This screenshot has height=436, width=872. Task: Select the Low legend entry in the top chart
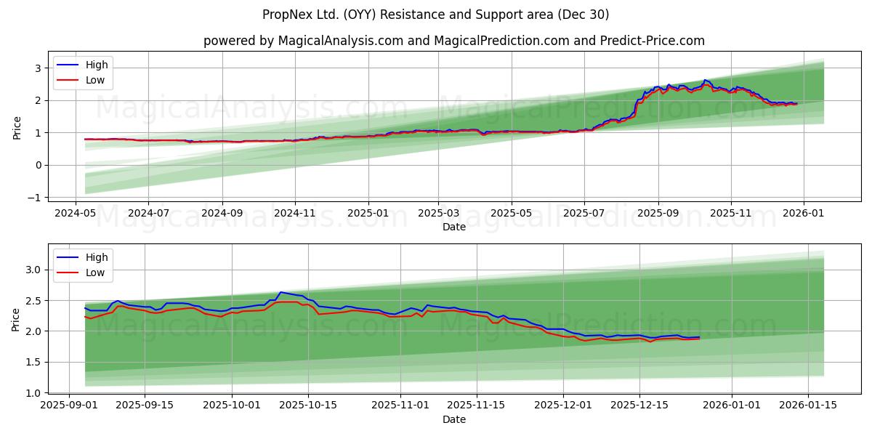point(94,80)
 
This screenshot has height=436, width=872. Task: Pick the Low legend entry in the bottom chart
point(94,272)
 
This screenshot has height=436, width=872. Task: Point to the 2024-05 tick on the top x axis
point(76,214)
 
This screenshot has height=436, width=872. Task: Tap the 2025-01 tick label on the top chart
point(368,214)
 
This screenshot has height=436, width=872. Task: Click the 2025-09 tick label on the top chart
point(658,214)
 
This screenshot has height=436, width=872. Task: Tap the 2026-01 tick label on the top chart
point(804,214)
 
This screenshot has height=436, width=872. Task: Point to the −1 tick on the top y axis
point(34,198)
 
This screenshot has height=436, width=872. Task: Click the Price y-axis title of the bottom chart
point(16,320)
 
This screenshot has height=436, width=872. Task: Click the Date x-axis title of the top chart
point(453,227)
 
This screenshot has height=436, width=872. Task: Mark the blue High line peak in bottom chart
point(280,292)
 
